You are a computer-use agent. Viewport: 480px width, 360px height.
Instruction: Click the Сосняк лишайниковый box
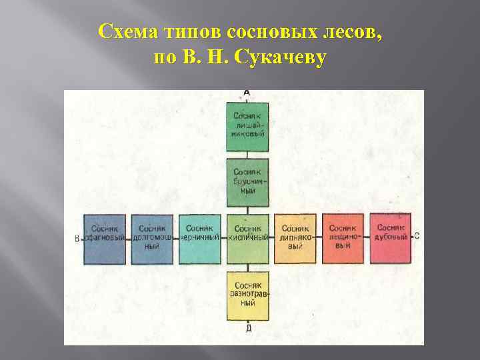pyautogui.click(x=248, y=127)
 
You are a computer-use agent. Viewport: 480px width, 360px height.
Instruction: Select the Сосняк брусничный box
pyautogui.click(x=248, y=181)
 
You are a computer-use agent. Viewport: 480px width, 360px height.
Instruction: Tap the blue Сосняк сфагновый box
pyautogui.click(x=105, y=239)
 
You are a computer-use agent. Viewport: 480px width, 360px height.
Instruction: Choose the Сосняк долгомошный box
pyautogui.click(x=152, y=239)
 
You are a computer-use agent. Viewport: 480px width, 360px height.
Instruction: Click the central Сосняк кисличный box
pyautogui.click(x=248, y=238)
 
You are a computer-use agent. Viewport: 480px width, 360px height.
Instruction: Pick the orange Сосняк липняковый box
pyautogui.click(x=295, y=239)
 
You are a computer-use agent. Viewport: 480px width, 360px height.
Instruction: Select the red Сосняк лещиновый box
pyautogui.click(x=343, y=239)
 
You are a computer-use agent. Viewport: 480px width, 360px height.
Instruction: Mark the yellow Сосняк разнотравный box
pyautogui.click(x=248, y=296)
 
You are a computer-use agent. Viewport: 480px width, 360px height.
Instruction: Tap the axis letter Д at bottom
pyautogui.click(x=248, y=327)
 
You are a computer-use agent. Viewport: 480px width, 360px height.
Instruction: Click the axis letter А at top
pyautogui.click(x=247, y=93)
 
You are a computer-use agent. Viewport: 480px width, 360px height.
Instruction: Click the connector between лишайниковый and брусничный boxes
pyautogui.click(x=248, y=155)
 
